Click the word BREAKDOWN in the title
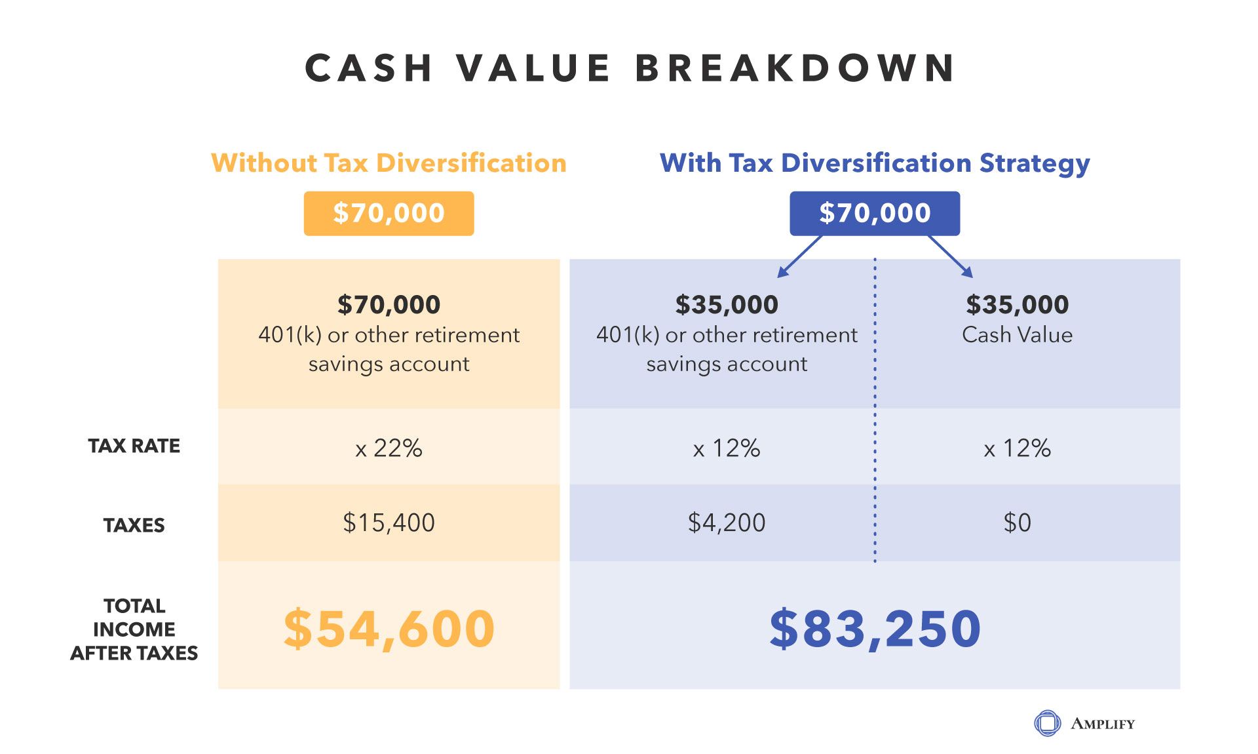tap(795, 68)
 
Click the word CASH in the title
tap(369, 68)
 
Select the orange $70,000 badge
tap(389, 213)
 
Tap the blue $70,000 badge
tap(874, 213)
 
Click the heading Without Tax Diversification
tap(389, 163)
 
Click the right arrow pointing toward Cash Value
tap(951, 256)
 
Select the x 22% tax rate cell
tap(389, 448)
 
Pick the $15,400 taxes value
tap(389, 523)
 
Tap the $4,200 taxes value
tap(726, 523)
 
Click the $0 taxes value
tap(1017, 523)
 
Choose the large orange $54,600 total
tap(389, 629)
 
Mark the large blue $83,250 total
tap(874, 629)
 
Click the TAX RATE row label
tap(134, 446)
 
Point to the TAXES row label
tap(134, 525)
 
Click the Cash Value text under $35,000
tap(1017, 335)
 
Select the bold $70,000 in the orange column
tap(389, 305)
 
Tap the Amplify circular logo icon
tap(1046, 723)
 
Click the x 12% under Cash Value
tap(1017, 448)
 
